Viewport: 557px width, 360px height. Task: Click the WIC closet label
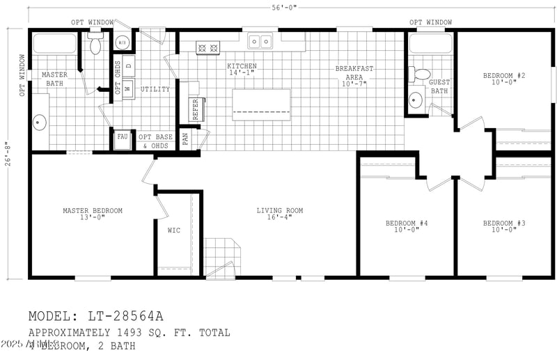(174, 230)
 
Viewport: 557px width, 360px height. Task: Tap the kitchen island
(261, 104)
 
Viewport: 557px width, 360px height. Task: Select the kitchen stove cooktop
(207, 48)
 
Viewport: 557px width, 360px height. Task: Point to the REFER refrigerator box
(194, 109)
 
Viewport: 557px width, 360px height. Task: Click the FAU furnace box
(123, 137)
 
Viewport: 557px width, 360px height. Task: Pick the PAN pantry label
(185, 138)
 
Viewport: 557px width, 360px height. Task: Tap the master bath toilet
(95, 46)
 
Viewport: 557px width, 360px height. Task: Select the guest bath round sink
(416, 99)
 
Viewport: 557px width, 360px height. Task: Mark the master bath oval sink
(39, 123)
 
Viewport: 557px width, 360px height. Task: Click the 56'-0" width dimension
(284, 7)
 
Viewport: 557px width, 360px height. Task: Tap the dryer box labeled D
(129, 67)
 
